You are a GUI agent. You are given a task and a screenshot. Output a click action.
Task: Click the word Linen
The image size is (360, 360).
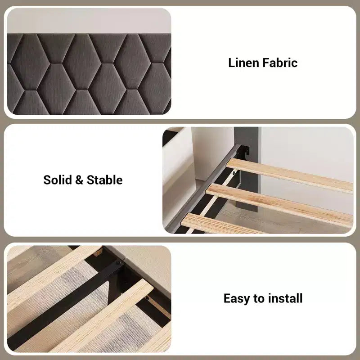(x=243, y=63)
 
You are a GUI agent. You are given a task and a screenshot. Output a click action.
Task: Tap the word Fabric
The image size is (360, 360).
(x=280, y=63)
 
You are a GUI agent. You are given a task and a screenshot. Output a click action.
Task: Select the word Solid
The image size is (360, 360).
(x=58, y=180)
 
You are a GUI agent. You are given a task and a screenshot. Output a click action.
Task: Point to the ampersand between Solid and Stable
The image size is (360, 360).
(x=79, y=180)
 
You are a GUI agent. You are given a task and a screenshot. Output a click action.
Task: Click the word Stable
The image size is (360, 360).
(x=104, y=180)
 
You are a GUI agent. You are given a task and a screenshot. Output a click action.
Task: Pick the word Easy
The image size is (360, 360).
(x=237, y=299)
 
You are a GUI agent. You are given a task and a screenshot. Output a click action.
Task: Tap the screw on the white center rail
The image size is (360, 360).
(x=234, y=172)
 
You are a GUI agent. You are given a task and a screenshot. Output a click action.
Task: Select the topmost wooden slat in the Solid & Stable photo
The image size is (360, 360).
(x=289, y=175)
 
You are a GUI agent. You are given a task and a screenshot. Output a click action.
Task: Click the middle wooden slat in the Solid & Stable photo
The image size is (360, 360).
(x=279, y=205)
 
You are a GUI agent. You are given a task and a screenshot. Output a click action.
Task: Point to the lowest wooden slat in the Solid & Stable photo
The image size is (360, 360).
(x=220, y=224)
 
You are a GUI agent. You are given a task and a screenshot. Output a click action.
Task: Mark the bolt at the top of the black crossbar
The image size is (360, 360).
(x=119, y=263)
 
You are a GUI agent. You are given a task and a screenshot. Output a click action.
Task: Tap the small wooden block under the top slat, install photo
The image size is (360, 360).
(x=98, y=252)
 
